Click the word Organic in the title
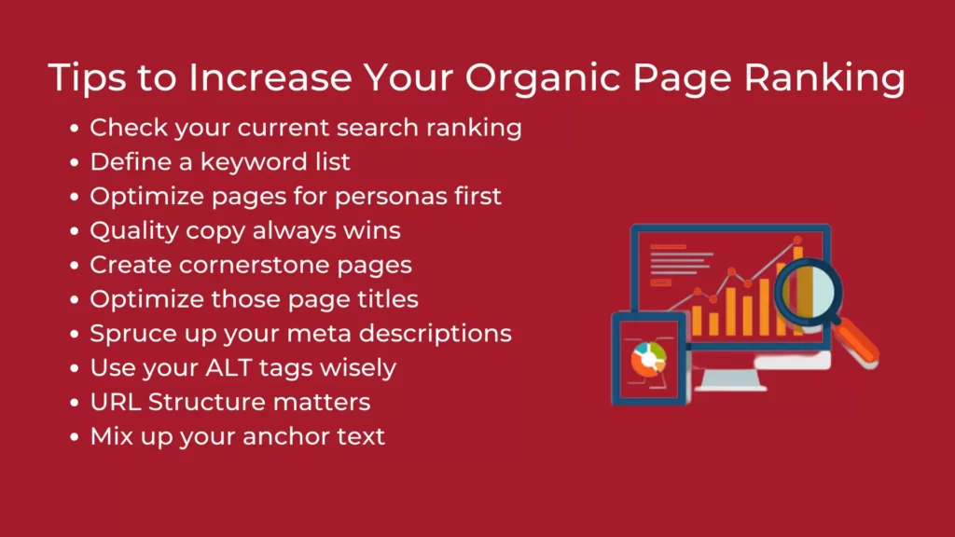543,78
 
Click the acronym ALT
228,368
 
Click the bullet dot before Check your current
75,129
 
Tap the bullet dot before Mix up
75,437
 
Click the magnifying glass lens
808,291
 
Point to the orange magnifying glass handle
856,342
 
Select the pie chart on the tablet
649,359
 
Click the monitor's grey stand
730,379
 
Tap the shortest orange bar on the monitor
713,324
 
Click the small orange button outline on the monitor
661,282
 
